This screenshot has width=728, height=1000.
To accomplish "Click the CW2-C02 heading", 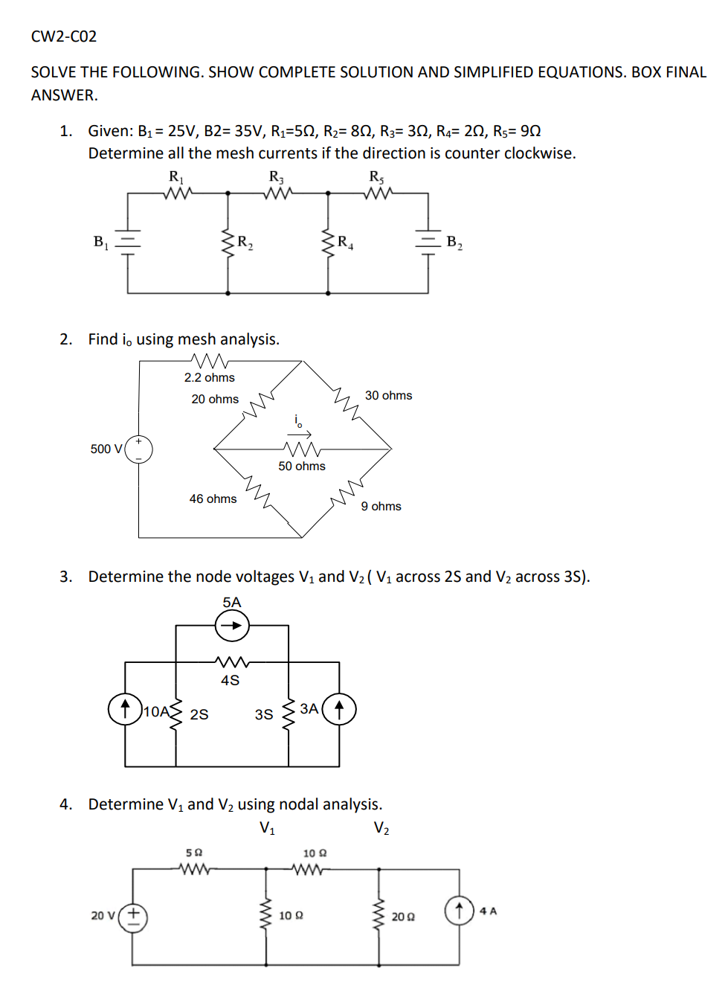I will tap(64, 36).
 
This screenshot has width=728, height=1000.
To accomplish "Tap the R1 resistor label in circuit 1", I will tap(176, 177).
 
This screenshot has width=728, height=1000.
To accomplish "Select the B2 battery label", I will tap(454, 242).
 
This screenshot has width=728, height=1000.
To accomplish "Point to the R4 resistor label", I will tap(345, 242).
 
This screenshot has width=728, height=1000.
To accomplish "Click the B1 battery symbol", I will tap(128, 240).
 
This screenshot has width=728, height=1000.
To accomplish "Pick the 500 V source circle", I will tap(139, 449).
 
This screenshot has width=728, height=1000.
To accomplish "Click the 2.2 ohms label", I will tap(210, 377).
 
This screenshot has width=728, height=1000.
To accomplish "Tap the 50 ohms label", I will tap(302, 467).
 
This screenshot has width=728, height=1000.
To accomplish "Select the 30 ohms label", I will tap(388, 395).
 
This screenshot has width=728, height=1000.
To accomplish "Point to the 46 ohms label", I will tap(213, 499).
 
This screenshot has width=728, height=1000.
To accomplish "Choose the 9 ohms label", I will tap(381, 506).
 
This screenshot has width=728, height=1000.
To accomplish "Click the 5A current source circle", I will tap(232, 626).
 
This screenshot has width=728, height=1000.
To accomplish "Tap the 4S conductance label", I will tap(231, 680).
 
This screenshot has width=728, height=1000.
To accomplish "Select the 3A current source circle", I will tap(339, 709).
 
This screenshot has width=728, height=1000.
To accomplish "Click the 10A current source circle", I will tap(125, 709).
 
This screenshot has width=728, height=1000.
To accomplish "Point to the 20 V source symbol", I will tap(134, 917).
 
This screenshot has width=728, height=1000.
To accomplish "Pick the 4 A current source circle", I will tap(459, 911).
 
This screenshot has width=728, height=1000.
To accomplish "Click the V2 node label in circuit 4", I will tap(381, 828).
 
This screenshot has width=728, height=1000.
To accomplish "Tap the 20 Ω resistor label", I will tap(403, 917).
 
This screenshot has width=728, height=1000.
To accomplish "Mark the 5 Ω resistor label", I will tap(194, 853).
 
